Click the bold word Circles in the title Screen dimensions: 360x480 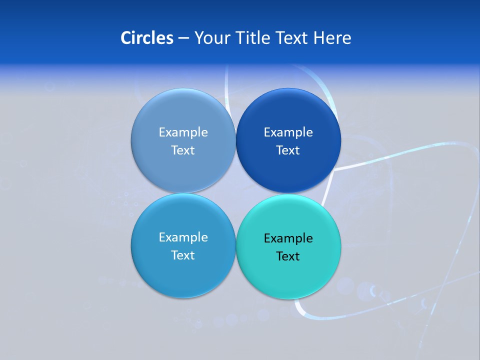(x=147, y=38)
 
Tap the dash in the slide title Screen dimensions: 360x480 (x=183, y=38)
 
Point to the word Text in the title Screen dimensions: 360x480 (x=292, y=38)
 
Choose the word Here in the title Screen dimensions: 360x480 (x=332, y=38)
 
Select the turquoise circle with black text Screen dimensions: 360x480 (x=288, y=272)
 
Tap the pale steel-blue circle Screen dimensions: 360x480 (x=183, y=112)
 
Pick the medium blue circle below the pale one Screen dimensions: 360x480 (x=183, y=272)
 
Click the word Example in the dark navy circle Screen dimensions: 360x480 (x=288, y=132)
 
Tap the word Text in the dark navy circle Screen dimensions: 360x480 (x=288, y=150)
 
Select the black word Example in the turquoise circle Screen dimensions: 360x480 (x=288, y=238)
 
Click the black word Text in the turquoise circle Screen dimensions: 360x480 (x=288, y=256)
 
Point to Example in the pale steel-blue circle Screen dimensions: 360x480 (x=183, y=132)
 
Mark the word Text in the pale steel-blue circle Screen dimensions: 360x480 (x=183, y=150)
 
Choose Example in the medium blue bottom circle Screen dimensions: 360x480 (x=183, y=237)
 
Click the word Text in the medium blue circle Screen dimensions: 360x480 (x=183, y=255)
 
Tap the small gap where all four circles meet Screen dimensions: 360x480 (x=235, y=193)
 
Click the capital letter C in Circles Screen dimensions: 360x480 (x=126, y=38)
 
